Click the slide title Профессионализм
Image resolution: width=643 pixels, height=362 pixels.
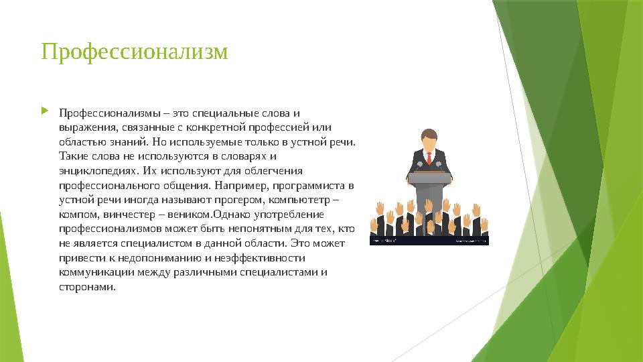[x=135, y=52]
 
